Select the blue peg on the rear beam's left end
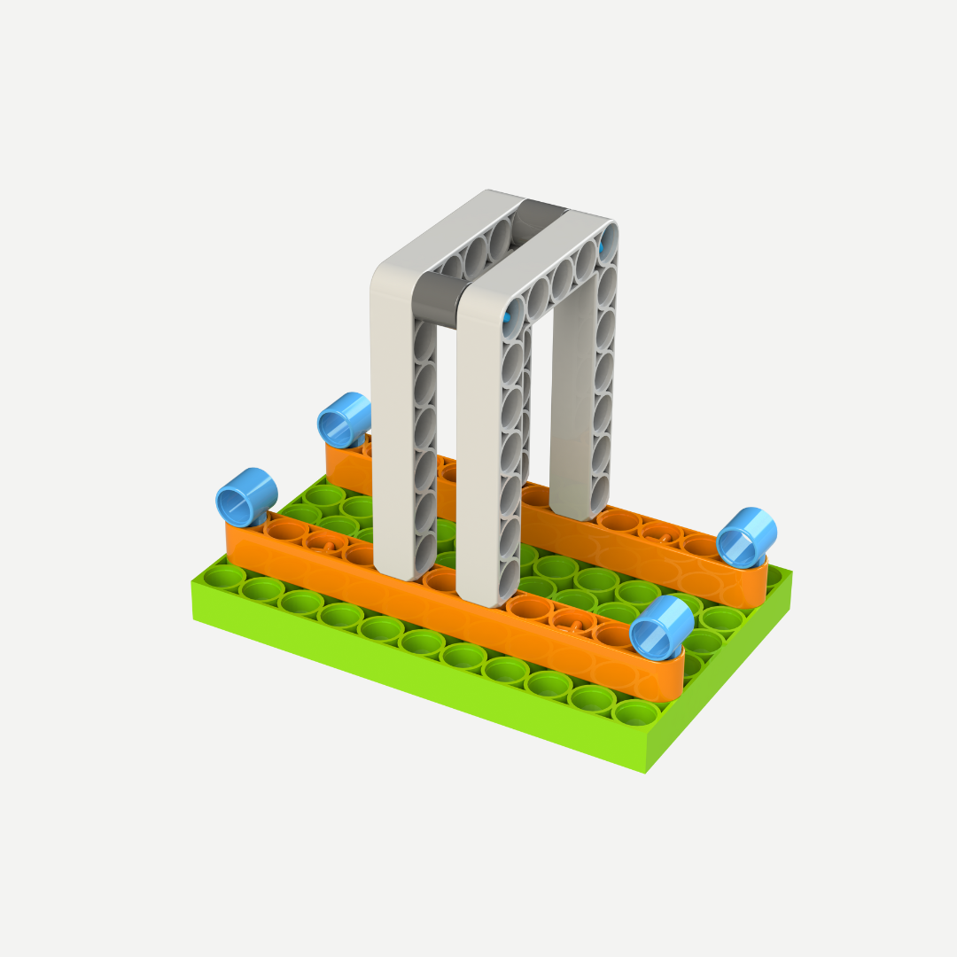344,419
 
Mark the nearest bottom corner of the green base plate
646,771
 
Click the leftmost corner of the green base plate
194,585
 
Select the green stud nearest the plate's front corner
634,710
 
